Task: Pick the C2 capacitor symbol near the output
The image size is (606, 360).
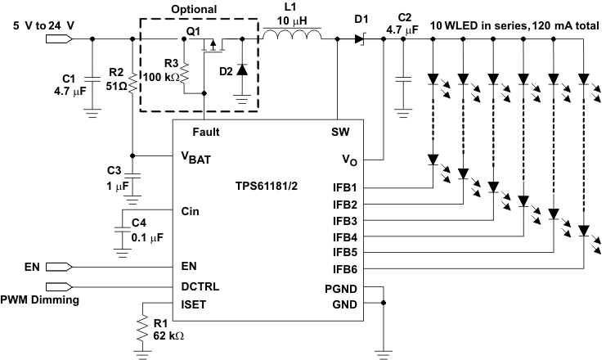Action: click(402, 79)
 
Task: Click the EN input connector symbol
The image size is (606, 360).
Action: click(59, 266)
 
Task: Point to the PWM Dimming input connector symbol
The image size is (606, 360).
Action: click(59, 286)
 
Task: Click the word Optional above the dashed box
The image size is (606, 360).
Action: click(194, 10)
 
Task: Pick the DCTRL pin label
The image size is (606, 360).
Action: click(200, 286)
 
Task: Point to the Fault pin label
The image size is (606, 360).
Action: click(205, 131)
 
